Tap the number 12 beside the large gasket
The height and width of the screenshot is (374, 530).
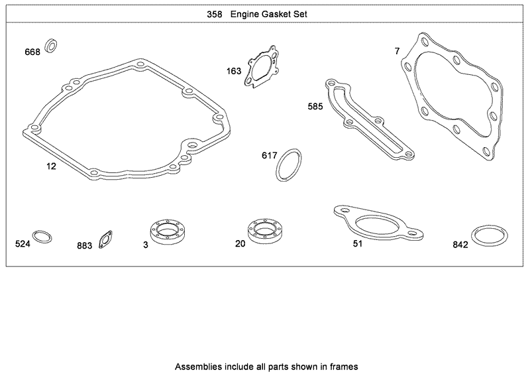[x=51, y=166]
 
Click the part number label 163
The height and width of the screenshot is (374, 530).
[x=234, y=71]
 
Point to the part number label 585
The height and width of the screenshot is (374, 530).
[x=315, y=106]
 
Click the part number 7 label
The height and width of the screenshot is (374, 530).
[x=397, y=51]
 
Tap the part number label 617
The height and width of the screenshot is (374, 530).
[x=269, y=155]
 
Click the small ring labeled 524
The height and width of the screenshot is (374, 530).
[x=42, y=237]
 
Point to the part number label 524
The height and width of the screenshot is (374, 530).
[x=23, y=244]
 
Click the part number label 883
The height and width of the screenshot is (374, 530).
[x=84, y=246]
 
